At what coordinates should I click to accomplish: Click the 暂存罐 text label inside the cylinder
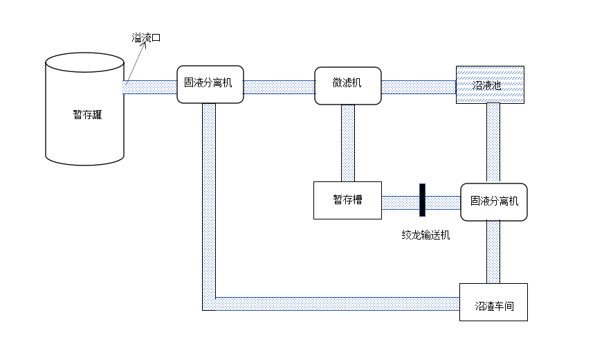pyautogui.click(x=87, y=115)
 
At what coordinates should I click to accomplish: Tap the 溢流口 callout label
pyautogui.click(x=146, y=38)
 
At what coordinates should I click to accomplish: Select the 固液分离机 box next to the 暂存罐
pyautogui.click(x=210, y=84)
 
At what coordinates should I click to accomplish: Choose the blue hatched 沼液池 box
pyautogui.click(x=489, y=84)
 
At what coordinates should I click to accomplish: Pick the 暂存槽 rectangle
pyautogui.click(x=347, y=200)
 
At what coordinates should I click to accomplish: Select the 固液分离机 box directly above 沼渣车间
pyautogui.click(x=494, y=201)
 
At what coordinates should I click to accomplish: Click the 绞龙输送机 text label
pyautogui.click(x=425, y=235)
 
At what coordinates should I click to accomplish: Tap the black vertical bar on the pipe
pyautogui.click(x=421, y=201)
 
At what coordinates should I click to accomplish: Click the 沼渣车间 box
pyautogui.click(x=493, y=302)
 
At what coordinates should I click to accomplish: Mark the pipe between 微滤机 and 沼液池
pyautogui.click(x=419, y=87)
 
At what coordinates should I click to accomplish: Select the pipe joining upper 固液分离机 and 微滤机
pyautogui.click(x=279, y=87)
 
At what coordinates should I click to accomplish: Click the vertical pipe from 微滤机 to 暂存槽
pyautogui.click(x=347, y=143)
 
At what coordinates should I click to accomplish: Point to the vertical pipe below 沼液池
pyautogui.click(x=493, y=143)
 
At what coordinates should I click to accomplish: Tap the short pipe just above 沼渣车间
pyautogui.click(x=493, y=252)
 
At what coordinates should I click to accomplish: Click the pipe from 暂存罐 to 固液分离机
pyautogui.click(x=150, y=87)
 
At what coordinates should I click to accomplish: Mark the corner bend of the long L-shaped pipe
pyautogui.click(x=209, y=303)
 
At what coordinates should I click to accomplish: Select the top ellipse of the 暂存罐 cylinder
pyautogui.click(x=84, y=62)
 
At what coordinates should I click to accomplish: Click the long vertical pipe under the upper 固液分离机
pyautogui.click(x=209, y=194)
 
